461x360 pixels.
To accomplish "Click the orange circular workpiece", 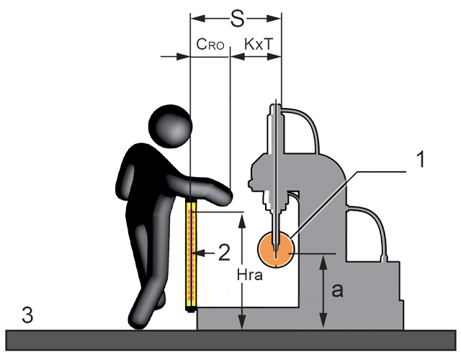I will coord(274,248).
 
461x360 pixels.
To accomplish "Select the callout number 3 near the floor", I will coord(27,315).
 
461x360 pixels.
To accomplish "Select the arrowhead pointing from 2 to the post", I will coord(200,252).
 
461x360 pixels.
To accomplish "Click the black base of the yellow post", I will coord(190,309).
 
